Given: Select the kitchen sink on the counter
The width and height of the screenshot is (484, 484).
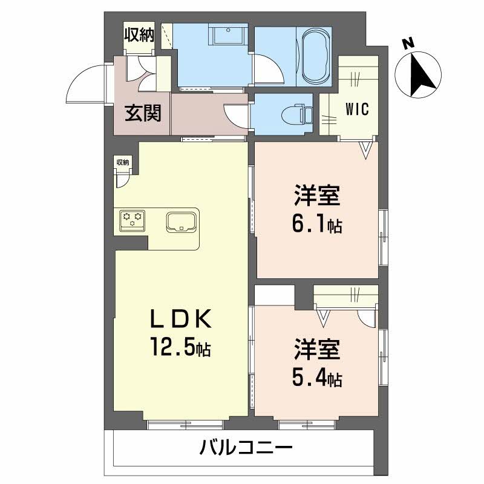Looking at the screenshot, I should (x=180, y=221).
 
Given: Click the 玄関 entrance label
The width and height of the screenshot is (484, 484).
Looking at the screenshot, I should (x=143, y=113).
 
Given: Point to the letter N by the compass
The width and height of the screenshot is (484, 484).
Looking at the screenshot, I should (x=409, y=43).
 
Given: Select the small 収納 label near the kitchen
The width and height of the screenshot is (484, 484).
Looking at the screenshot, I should (x=123, y=162).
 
